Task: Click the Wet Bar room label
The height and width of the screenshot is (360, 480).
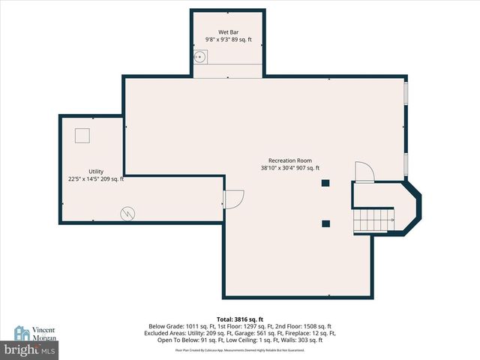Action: pos(228,32)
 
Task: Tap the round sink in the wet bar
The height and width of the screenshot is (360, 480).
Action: pos(200,56)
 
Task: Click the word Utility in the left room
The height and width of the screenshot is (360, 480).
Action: pos(95,172)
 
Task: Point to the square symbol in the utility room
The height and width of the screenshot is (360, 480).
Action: pos(81,135)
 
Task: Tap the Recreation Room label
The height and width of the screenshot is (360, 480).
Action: pos(290,160)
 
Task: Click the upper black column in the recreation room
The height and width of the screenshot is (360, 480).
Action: pos(325,183)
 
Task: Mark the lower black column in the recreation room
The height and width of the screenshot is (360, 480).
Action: pos(325,223)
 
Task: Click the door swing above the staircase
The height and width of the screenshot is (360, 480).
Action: pos(362,173)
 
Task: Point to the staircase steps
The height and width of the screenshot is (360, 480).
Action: pos(373,220)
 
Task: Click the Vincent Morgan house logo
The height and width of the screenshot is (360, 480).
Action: pos(22,334)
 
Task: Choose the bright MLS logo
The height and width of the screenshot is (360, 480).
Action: pos(30,349)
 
